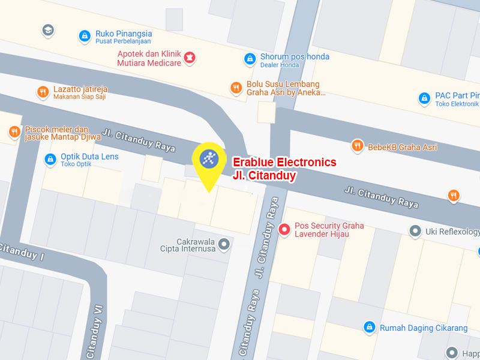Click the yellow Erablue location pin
(x=208, y=160)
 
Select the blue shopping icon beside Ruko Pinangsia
(x=85, y=36)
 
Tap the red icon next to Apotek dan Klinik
(x=191, y=58)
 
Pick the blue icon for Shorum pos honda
(x=250, y=58)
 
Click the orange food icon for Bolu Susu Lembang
(x=236, y=88)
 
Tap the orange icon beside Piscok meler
(x=13, y=131)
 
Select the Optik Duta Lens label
(x=89, y=157)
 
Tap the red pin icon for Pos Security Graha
(x=286, y=229)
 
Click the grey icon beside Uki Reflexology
(x=414, y=230)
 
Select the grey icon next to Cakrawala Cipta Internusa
(x=224, y=244)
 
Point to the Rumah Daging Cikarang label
(x=423, y=328)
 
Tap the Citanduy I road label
(x=21, y=253)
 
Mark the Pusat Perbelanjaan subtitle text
(x=123, y=41)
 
